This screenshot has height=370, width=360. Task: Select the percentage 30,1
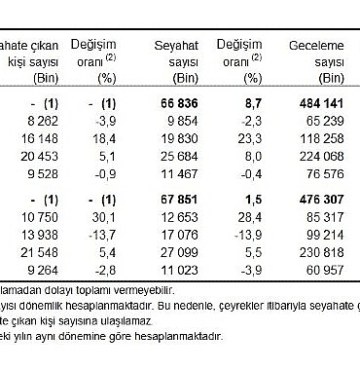coord(105,216)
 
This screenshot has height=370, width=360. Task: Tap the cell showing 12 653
coord(179,216)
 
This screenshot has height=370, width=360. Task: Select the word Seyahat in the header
coord(177,47)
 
